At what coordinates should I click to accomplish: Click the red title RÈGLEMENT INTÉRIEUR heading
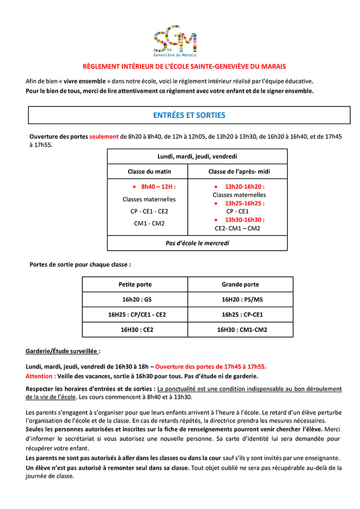coord(184,66)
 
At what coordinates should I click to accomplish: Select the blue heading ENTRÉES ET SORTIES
coord(189,115)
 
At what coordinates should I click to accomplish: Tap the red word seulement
coord(104,137)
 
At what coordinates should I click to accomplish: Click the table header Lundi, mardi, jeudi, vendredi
coord(197,156)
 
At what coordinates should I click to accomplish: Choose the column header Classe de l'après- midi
coord(237,171)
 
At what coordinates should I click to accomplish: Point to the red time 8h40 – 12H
coord(158,187)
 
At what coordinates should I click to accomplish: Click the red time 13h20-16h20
coord(244,187)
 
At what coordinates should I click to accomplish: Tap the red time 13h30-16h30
coord(244,220)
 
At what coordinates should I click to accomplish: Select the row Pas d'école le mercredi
coord(197,243)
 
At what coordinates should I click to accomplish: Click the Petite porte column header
coord(135,284)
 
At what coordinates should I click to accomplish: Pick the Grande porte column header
coord(240,284)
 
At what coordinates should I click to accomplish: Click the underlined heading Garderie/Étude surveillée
coord(63,351)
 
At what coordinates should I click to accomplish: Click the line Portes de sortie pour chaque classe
coord(80,265)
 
